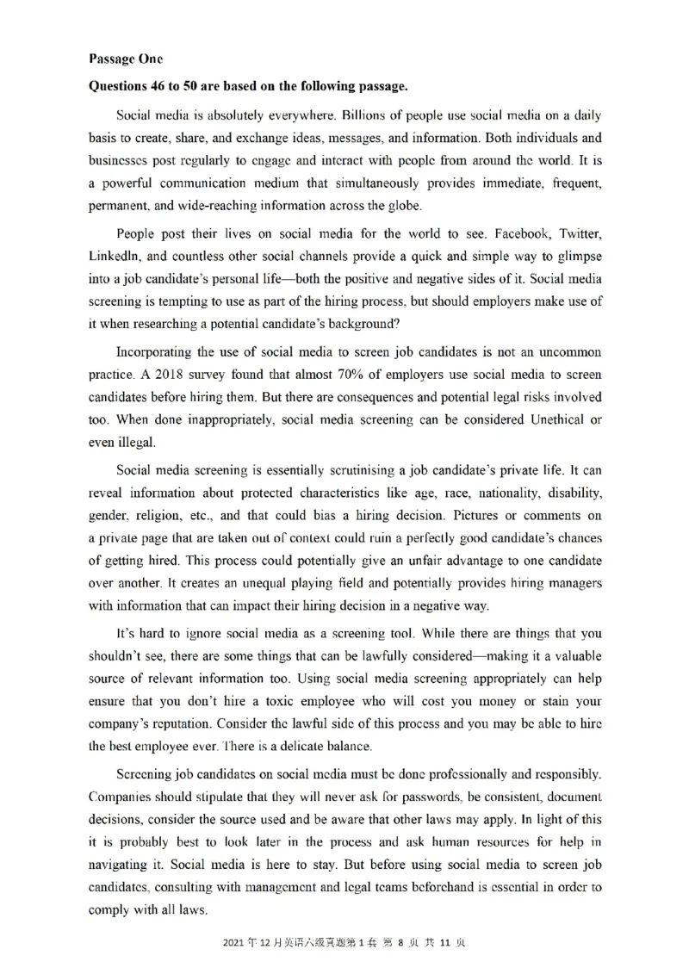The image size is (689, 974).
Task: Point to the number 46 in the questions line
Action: (x=164, y=87)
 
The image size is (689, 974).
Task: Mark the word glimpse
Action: (x=578, y=256)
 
